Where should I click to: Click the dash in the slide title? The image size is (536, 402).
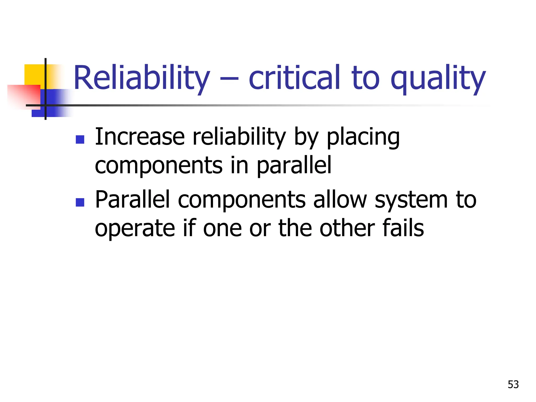click(x=229, y=79)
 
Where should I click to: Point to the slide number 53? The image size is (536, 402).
click(x=513, y=384)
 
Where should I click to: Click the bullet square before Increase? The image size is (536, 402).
click(x=80, y=139)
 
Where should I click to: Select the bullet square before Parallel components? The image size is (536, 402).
click(x=80, y=202)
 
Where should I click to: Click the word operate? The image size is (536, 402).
click(x=135, y=229)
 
